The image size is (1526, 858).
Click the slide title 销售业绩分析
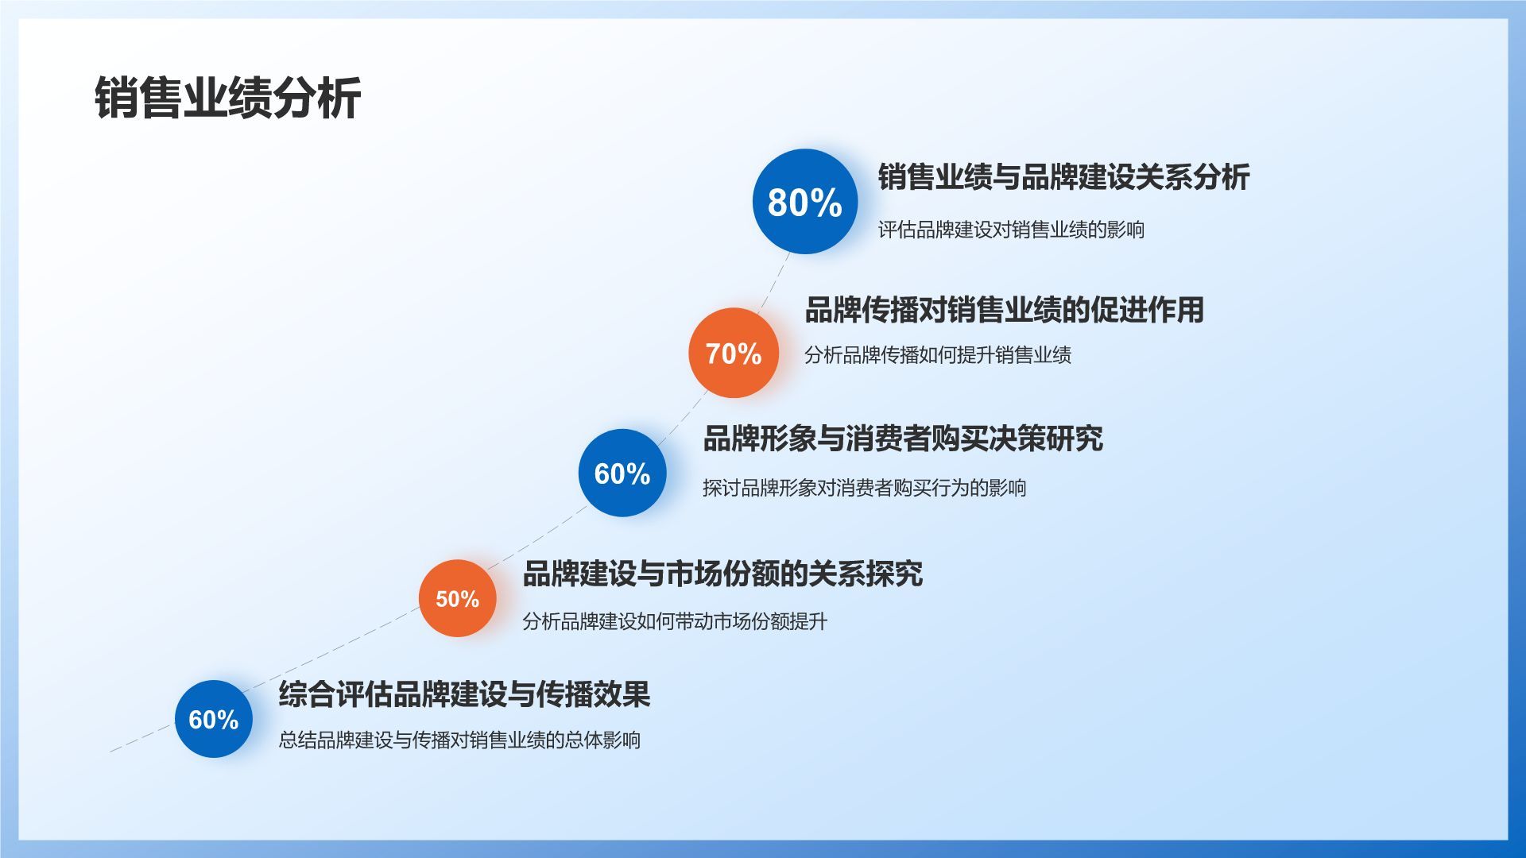point(228,99)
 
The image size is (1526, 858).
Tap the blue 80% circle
point(805,202)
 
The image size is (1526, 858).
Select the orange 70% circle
point(734,353)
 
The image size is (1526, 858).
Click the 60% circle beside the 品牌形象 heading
point(622,473)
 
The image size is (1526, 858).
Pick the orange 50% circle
point(458,598)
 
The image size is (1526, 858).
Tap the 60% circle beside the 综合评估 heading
point(214,719)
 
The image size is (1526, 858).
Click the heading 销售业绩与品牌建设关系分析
point(1063,177)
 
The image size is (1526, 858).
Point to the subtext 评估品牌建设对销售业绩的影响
point(1011,230)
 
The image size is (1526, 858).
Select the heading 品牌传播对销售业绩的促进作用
point(1004,310)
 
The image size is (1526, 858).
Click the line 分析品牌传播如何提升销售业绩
point(938,354)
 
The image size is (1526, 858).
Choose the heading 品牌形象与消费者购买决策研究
point(903,439)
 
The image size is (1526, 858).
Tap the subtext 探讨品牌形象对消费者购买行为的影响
point(865,487)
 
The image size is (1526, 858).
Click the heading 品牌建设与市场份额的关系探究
point(722,574)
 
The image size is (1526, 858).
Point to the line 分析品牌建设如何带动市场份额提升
point(675,620)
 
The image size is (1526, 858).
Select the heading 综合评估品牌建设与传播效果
point(464,694)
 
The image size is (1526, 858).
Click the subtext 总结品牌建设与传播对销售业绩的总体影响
point(459,740)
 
